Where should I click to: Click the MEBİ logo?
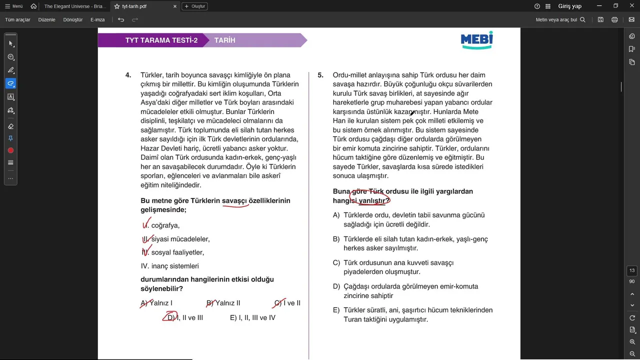point(476,40)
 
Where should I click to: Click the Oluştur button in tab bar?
point(194,6)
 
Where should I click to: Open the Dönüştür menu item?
point(73,19)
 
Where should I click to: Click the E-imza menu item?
point(97,19)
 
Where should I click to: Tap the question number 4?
point(128,75)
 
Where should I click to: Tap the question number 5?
point(320,75)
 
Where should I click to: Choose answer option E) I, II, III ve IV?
point(252,317)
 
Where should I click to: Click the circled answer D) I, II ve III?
point(184,317)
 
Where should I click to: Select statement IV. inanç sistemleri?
point(170,266)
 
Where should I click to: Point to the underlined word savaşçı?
point(234,200)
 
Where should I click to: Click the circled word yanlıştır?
point(373,200)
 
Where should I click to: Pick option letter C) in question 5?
point(336,262)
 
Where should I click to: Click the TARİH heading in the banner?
point(224,40)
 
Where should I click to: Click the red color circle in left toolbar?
point(10,150)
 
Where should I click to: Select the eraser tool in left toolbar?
point(10,126)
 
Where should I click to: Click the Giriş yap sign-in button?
point(569,6)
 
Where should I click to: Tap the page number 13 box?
point(632,270)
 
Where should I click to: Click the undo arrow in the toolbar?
point(121,19)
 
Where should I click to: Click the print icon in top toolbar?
point(614,19)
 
